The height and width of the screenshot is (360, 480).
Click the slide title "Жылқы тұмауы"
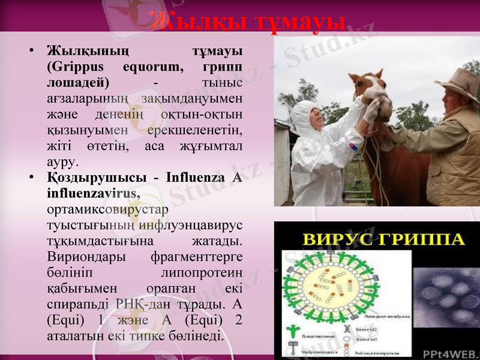[248, 22]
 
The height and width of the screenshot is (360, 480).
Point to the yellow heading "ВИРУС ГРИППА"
[383, 239]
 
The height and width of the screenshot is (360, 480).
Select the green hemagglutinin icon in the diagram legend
[293, 330]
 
